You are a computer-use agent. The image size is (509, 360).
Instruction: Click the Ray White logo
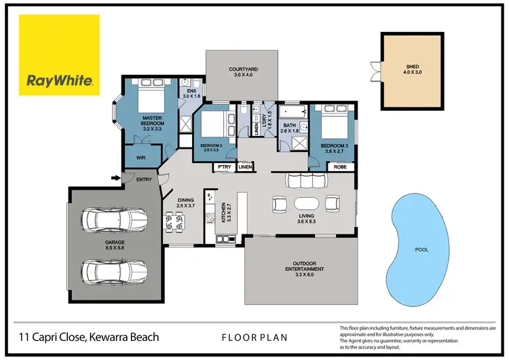coord(59,56)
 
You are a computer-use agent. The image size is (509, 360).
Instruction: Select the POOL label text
coord(421,249)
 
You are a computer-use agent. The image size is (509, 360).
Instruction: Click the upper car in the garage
coord(113,221)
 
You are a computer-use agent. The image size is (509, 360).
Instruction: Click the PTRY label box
coord(223,166)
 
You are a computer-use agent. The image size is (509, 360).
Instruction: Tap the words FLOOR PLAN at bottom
coord(254,337)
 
